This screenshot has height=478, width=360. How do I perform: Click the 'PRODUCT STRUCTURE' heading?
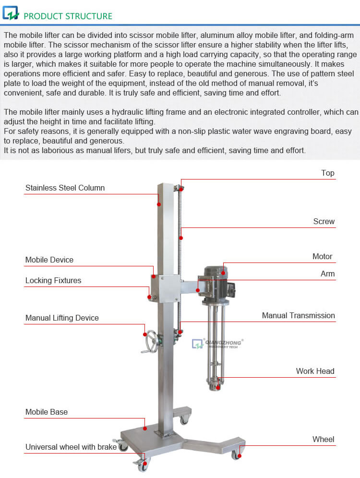tap(68, 16)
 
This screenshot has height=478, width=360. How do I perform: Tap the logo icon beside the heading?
tap(11, 13)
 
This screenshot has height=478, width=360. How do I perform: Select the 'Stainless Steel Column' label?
tap(65, 188)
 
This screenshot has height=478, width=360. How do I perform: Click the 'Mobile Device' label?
tap(49, 260)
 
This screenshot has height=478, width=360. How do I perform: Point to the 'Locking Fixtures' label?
tap(53, 280)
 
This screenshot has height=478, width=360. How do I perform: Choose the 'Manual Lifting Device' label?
tap(62, 318)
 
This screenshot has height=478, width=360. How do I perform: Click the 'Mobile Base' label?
tap(47, 412)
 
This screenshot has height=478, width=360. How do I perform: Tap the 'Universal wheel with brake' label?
tap(71, 447)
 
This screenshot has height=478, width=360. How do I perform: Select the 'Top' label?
tap(327, 173)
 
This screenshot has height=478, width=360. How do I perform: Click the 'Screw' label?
tap(324, 221)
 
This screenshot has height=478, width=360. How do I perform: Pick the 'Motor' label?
tap(322, 256)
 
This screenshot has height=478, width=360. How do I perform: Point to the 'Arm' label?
tap(327, 274)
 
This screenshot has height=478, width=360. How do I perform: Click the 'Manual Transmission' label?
tap(298, 315)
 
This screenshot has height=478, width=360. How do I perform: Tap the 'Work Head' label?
tap(315, 371)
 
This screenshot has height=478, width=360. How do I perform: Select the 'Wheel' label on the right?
tap(323, 439)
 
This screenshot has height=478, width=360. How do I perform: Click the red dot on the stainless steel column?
tap(159, 204)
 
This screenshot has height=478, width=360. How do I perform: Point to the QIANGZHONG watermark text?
tap(224, 343)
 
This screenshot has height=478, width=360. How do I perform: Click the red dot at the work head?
tap(218, 380)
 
